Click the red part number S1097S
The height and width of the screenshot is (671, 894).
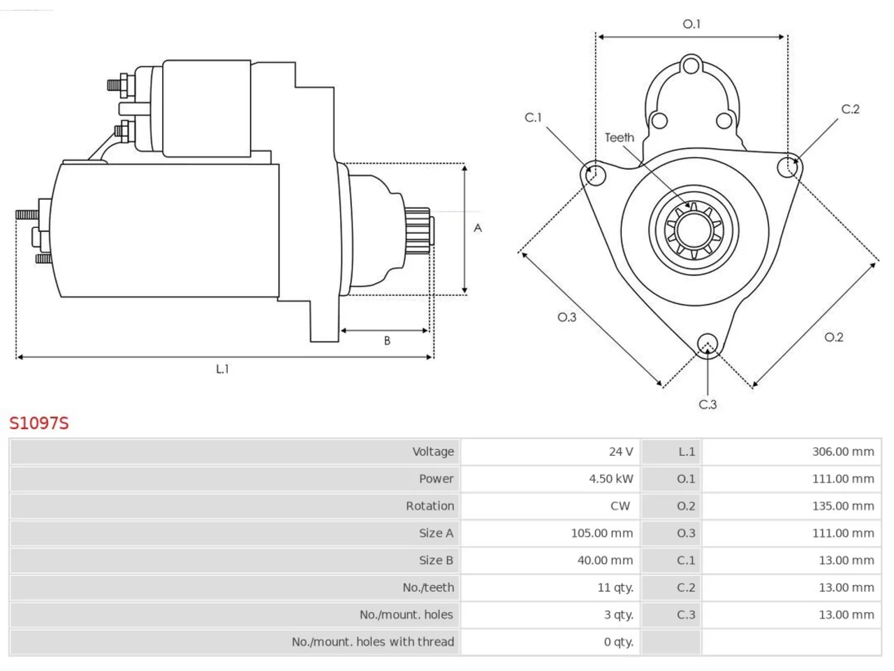point(39,424)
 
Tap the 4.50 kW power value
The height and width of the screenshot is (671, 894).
point(611,479)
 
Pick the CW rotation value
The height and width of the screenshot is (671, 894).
point(620,506)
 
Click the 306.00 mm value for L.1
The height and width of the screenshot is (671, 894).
point(843,452)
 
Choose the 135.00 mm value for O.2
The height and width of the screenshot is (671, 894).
point(843,506)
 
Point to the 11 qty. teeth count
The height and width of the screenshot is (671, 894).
point(615,588)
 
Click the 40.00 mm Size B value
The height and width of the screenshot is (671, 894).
point(605,560)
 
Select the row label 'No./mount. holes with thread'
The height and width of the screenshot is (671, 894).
point(373,642)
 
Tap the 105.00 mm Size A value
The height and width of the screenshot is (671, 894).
point(601,533)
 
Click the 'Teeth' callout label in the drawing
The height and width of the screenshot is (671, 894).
point(619,138)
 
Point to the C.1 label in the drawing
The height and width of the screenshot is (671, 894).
point(533,117)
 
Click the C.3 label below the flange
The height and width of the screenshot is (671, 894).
point(708,405)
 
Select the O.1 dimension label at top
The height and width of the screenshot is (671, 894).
point(691,24)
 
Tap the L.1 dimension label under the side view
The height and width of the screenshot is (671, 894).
point(222,369)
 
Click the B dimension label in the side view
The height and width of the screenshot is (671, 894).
point(387,340)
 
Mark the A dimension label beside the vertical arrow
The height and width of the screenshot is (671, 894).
point(478,228)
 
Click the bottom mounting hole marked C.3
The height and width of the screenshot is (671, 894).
point(708,343)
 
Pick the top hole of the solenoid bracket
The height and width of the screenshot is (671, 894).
point(691,66)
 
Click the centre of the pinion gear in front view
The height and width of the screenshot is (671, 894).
point(694,230)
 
